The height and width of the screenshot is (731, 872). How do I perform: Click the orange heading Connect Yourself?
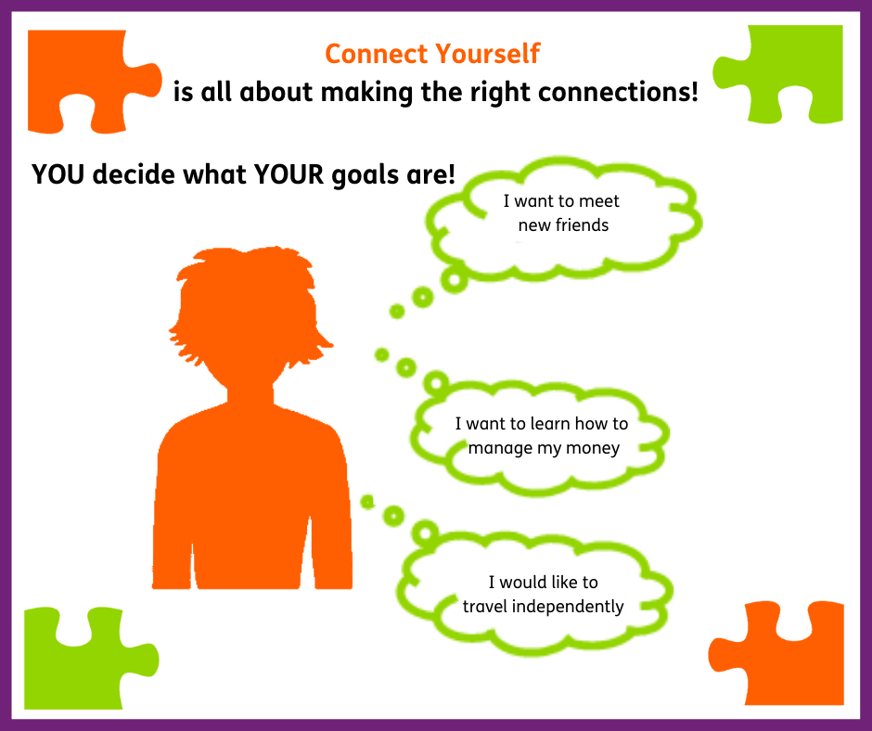(x=432, y=54)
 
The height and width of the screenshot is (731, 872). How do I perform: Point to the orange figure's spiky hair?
(x=246, y=278)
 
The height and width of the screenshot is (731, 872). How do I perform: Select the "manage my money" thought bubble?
(x=542, y=436)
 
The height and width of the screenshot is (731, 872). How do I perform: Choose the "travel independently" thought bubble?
(x=542, y=594)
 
